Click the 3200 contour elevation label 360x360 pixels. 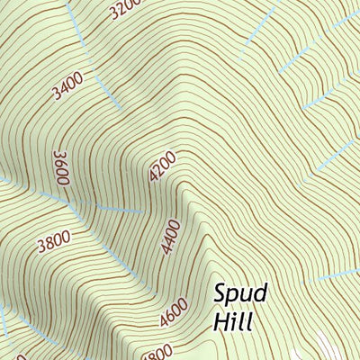[124, 9]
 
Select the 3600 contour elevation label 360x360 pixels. [62, 167]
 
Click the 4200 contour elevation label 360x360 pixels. [162, 167]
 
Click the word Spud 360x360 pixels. [242, 296]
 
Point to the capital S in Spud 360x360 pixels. [222, 293]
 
